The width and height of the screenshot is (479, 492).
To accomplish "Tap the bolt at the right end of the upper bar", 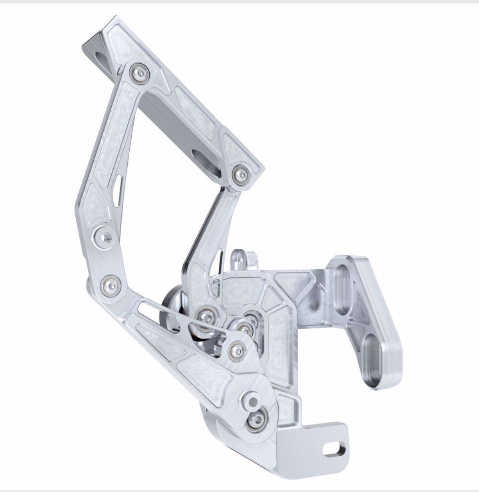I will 241,173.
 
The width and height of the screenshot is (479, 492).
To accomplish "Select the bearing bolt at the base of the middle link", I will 204,314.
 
